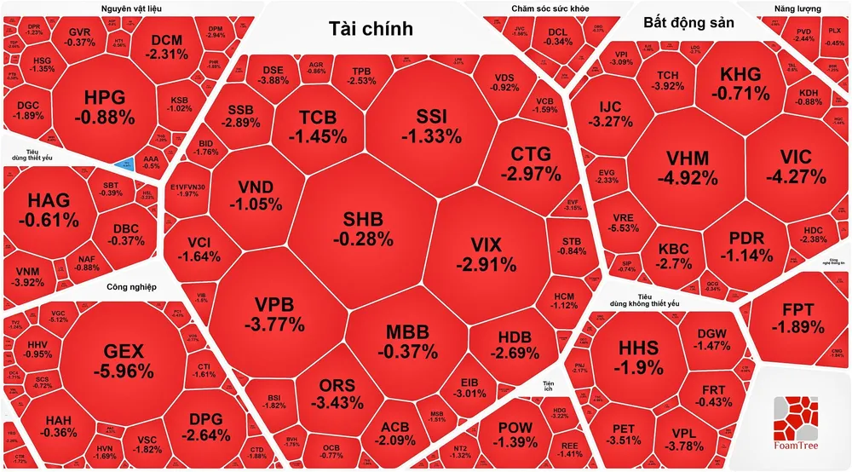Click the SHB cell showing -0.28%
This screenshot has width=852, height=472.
point(368,228)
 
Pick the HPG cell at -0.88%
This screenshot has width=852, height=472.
point(104,106)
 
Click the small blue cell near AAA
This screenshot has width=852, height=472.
point(126,162)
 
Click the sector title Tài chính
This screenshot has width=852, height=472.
point(371,28)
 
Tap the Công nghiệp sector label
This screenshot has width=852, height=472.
point(132,287)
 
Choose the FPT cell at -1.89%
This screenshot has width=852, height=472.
point(797,318)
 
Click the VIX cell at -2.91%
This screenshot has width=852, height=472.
point(486,253)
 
